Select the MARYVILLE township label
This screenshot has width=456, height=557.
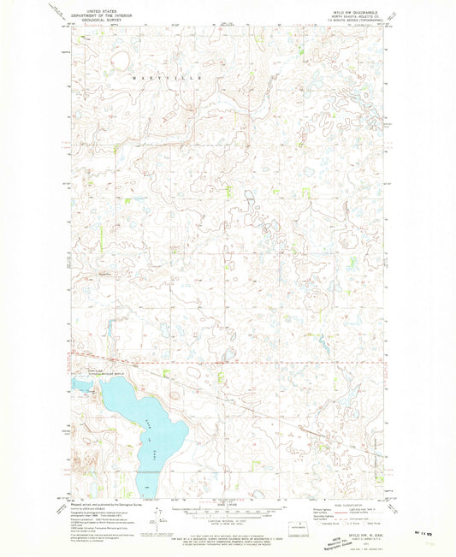click(166, 77)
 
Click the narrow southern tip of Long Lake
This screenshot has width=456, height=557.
click(146, 489)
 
